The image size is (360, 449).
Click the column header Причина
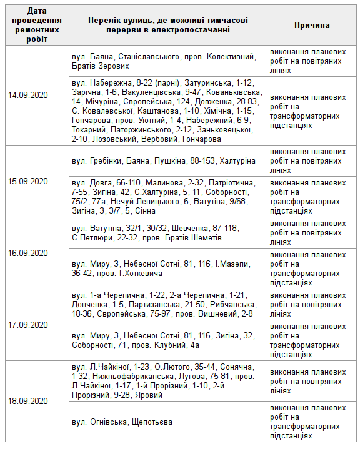tap(312, 25)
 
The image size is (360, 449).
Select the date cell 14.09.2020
tap(28, 96)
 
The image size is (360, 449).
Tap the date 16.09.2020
tap(28, 253)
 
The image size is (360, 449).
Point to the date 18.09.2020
tap(28, 400)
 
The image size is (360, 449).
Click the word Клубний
tap(169, 345)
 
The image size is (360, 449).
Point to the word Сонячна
tap(236, 367)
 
